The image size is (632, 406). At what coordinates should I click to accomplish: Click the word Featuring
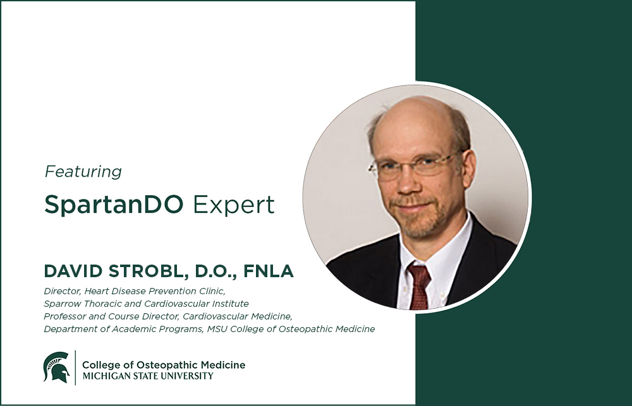(x=83, y=172)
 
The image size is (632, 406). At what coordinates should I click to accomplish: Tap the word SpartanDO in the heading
(x=114, y=205)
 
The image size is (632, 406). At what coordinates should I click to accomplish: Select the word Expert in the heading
(x=234, y=205)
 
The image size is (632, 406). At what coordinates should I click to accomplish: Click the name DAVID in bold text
(x=73, y=271)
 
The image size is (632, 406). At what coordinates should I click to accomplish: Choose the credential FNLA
(x=269, y=271)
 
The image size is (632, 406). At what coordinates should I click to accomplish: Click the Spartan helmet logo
(x=56, y=367)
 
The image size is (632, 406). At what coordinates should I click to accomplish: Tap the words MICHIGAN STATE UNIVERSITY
(x=148, y=376)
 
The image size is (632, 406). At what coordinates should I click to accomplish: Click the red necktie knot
(x=419, y=273)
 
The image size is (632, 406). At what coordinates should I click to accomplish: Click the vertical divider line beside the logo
(x=75, y=367)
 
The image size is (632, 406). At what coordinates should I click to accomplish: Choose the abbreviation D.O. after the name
(x=216, y=272)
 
